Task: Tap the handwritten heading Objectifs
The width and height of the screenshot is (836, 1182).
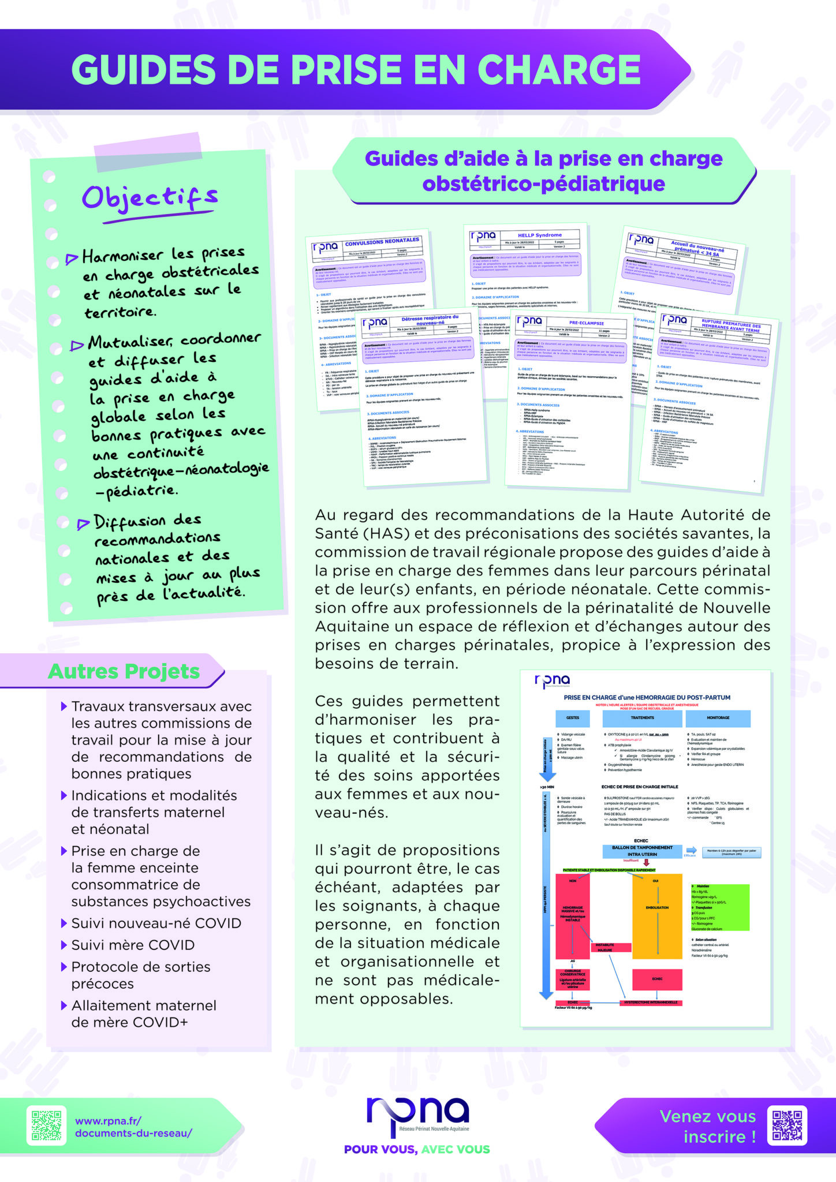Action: (150, 198)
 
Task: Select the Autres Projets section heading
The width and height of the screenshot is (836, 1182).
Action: (124, 671)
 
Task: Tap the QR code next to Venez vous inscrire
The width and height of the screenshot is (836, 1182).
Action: (787, 1126)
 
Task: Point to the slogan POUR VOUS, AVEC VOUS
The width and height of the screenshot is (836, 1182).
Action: (417, 1149)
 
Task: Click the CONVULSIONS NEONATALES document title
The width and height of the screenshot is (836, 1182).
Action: (382, 242)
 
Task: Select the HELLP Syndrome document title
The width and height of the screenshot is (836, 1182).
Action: (539, 235)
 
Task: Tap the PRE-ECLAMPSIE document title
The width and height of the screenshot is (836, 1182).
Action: (586, 323)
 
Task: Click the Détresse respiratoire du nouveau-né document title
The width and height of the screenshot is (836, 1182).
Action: (430, 320)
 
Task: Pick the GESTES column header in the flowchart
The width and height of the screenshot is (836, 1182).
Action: (573, 717)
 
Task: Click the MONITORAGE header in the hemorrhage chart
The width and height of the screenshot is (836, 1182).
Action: (718, 717)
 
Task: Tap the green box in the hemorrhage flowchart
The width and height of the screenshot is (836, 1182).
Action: (719, 907)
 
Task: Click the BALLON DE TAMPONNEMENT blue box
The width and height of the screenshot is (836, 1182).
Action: (641, 850)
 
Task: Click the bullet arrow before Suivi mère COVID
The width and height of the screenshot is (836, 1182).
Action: (64, 945)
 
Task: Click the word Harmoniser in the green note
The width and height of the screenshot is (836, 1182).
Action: (122, 256)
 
